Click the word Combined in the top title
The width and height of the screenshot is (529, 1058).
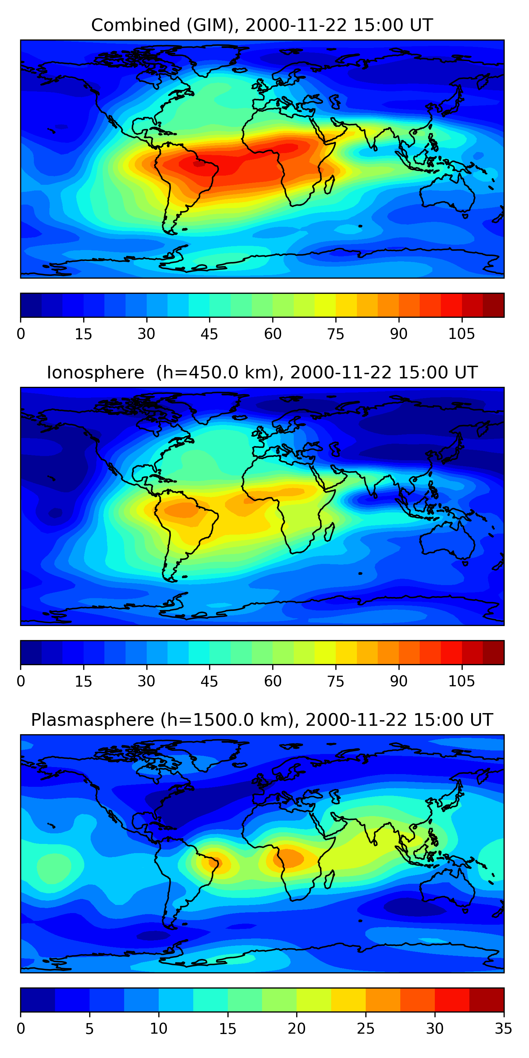coord(135,25)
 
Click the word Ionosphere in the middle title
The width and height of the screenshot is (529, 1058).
coord(95,372)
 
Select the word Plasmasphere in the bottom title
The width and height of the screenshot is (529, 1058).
coord(92,720)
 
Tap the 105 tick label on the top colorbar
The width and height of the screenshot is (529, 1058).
coord(461,334)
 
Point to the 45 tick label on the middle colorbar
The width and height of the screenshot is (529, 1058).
coord(209,681)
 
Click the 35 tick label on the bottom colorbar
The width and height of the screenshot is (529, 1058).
coord(503,1028)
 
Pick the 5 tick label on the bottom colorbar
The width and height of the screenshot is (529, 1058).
coord(90,1028)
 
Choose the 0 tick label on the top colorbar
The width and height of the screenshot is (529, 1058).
coord(21,334)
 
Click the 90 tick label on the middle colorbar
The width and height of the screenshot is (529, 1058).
coord(399,681)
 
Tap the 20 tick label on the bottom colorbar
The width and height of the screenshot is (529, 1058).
coord(297,1028)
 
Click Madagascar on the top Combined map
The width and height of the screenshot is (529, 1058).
coord(329,184)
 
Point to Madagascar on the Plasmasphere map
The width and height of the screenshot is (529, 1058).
coord(329,879)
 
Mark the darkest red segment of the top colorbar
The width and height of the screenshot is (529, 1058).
coord(493,305)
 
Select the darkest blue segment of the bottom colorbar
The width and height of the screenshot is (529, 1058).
coord(38,1000)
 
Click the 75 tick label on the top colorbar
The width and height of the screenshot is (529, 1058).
coord(335,334)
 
